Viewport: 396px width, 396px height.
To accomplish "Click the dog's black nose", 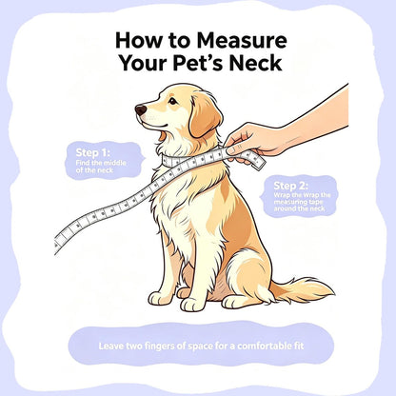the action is click(141, 110).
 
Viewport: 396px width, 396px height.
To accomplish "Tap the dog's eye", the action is click(172, 101).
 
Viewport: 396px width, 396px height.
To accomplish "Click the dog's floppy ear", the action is click(205, 118).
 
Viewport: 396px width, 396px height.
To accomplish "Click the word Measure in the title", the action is click(242, 41).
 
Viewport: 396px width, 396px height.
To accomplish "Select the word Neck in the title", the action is click(255, 63).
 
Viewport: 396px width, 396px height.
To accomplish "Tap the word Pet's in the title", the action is click(198, 63).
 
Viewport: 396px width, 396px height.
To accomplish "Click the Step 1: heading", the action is click(92, 152).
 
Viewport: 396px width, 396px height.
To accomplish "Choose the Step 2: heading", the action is click(290, 186).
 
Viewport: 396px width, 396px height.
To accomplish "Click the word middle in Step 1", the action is click(114, 163).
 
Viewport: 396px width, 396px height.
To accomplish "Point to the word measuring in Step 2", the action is click(290, 202).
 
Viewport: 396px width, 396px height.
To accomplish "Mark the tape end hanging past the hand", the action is click(259, 162).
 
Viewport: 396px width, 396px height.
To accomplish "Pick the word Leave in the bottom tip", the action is click(110, 346).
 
